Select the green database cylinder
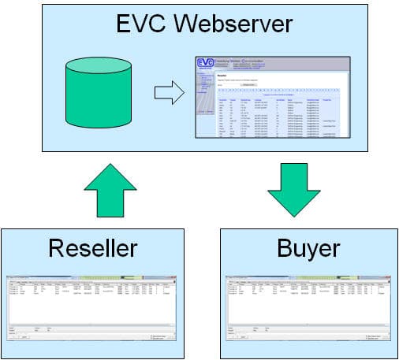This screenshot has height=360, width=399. click(95, 95)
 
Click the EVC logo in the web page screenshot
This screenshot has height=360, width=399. click(206, 65)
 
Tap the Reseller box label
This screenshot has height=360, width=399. click(92, 249)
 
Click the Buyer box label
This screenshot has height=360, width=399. click(308, 249)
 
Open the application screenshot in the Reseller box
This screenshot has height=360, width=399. click(92, 311)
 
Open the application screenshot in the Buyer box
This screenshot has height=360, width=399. click(308, 311)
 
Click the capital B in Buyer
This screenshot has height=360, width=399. click(286, 249)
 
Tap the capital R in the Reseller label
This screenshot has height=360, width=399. click(57, 249)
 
